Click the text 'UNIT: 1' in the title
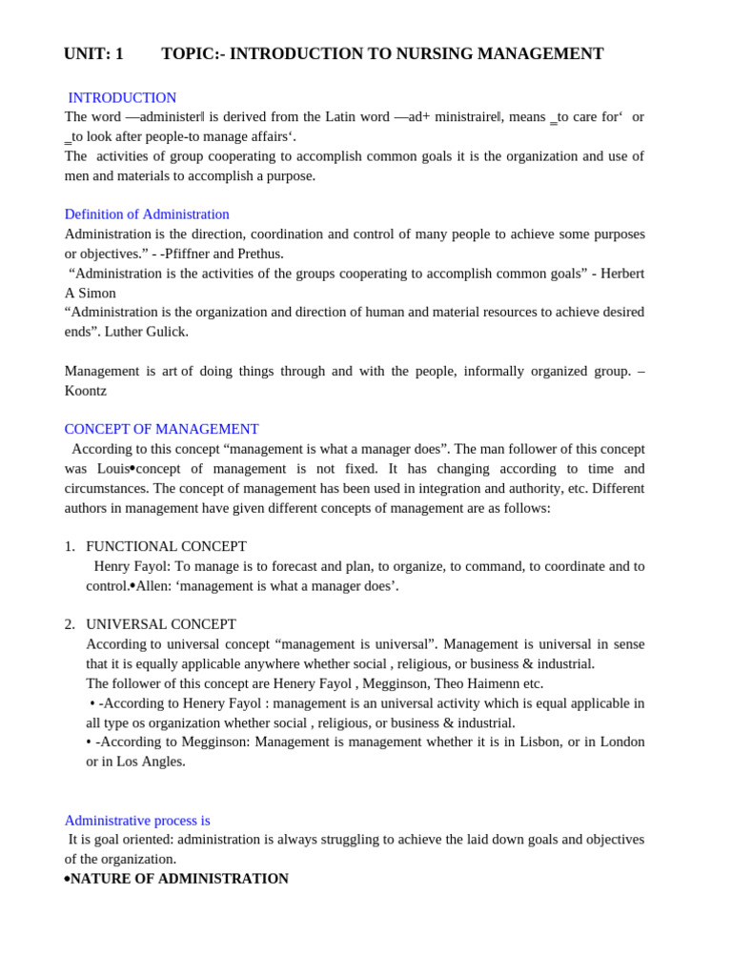click(93, 54)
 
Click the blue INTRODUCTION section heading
click(122, 98)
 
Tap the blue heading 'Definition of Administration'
click(147, 214)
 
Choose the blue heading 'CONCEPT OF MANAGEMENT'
click(161, 430)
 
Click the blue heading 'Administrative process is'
click(137, 821)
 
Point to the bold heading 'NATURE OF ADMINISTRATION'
click(179, 879)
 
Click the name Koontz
click(86, 391)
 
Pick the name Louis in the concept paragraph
click(112, 469)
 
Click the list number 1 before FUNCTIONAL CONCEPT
click(69, 547)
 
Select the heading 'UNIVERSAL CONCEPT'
click(161, 625)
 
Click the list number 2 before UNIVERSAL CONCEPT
click(69, 625)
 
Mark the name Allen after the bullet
click(153, 586)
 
